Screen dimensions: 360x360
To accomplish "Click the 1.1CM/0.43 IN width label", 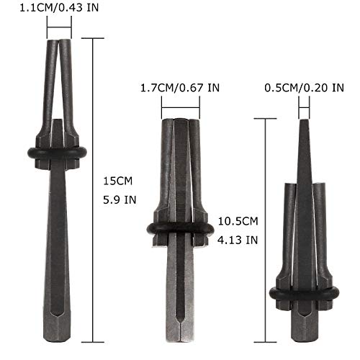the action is (59, 8).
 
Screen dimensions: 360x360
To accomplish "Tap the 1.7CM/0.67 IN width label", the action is (180, 88).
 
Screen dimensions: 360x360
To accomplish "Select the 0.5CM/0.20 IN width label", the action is (304, 88).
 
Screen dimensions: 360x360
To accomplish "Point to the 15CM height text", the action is (118, 181).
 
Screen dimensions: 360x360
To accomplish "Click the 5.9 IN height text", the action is (120, 200).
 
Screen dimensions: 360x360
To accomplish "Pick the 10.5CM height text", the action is (238, 221).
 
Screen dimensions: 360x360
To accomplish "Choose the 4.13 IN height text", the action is (238, 240).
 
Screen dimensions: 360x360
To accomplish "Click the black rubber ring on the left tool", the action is (57, 153).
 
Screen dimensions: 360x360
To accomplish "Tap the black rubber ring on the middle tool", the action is (180, 230).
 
